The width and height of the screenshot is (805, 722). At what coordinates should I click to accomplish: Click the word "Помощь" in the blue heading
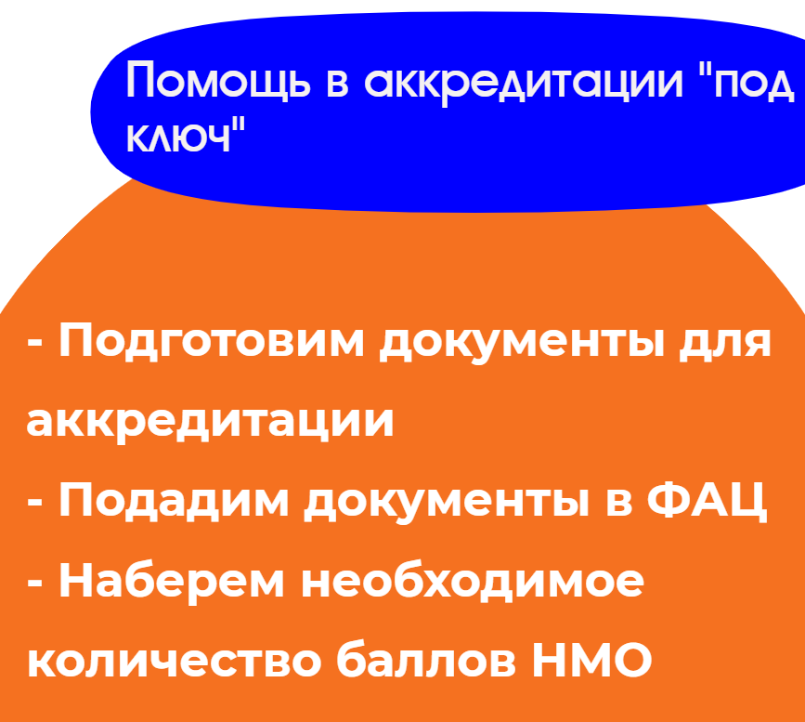coord(219,79)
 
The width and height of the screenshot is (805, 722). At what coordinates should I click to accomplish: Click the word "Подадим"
coord(174,500)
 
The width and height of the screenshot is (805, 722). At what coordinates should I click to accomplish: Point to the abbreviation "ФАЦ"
coord(708,501)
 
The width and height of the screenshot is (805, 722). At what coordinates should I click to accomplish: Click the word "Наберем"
coord(172,580)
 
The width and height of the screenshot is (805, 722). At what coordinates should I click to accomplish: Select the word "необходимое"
coord(473,581)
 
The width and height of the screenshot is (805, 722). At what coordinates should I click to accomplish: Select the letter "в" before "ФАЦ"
coord(618,504)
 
